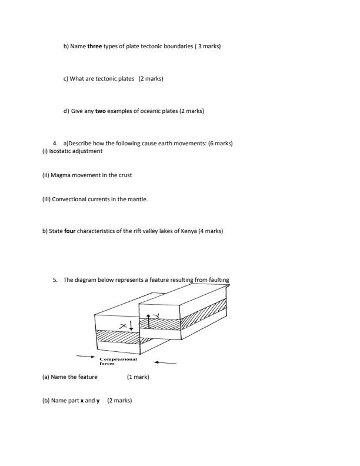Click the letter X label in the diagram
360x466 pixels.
pyautogui.click(x=123, y=325)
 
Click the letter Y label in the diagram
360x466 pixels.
pyautogui.click(x=156, y=317)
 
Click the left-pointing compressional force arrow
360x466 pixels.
pyautogui.click(x=164, y=362)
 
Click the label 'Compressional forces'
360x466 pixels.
pyautogui.click(x=118, y=361)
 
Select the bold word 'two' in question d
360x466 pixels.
pyautogui.click(x=100, y=111)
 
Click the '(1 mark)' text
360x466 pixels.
pyautogui.click(x=138, y=377)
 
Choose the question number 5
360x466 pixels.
pyautogui.click(x=55, y=280)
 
